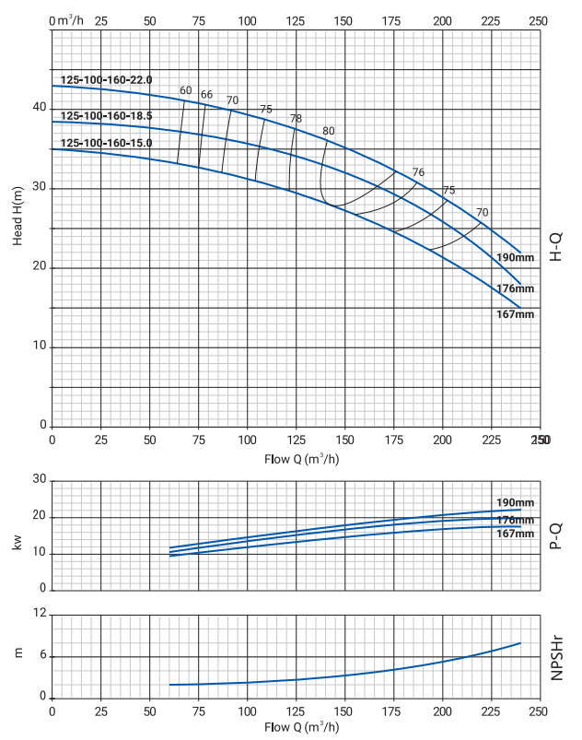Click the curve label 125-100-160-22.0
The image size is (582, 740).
(106, 80)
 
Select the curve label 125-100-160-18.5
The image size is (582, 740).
(106, 115)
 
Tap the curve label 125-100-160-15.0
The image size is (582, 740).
(106, 143)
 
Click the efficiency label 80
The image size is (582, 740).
(329, 130)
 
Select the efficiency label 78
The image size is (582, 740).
(296, 118)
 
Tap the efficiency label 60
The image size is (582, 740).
(186, 90)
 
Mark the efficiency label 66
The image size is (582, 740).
(206, 94)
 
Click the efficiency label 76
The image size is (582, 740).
(418, 172)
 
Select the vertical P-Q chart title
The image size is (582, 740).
(557, 535)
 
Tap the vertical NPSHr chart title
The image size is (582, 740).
(557, 655)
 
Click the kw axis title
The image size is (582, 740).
(17, 544)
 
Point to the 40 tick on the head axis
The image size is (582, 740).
(39, 108)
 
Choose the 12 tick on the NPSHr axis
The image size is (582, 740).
(40, 614)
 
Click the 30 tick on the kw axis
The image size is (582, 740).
(39, 479)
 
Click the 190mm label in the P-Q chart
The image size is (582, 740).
(516, 502)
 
